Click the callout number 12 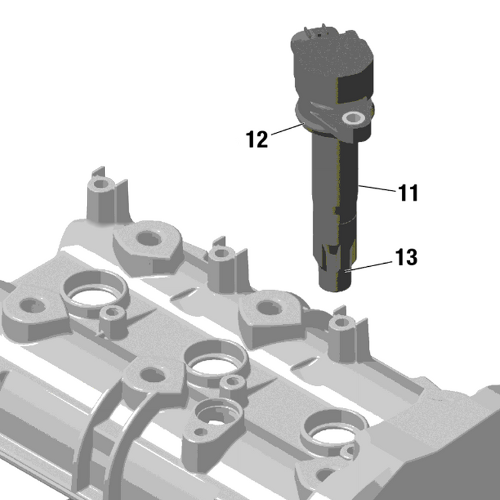click(x=256, y=139)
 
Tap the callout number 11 click(x=407, y=193)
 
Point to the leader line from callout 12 click(x=287, y=131)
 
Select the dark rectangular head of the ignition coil click(x=334, y=59)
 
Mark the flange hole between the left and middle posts click(x=148, y=238)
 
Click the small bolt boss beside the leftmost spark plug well click(x=113, y=312)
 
